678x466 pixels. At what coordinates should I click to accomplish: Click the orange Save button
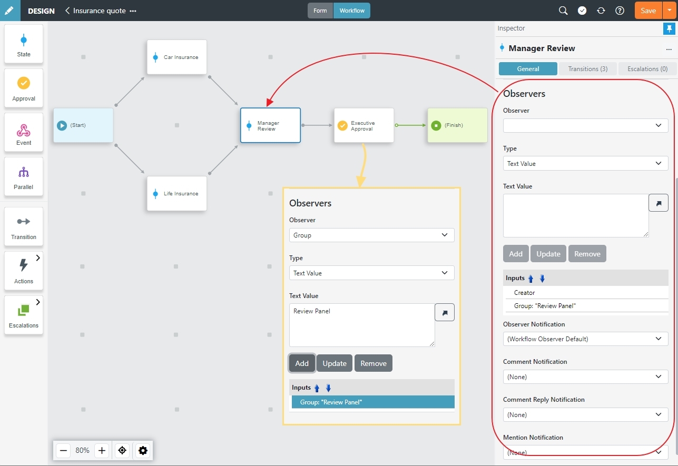point(648,11)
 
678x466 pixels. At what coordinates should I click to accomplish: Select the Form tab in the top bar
point(320,11)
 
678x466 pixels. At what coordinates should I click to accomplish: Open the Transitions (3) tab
point(587,68)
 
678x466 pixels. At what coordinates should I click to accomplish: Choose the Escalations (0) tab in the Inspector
point(647,68)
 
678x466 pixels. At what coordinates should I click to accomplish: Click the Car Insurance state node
point(177,57)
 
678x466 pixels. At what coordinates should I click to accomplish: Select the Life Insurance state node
point(177,193)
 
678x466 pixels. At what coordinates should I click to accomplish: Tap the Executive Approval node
point(364,125)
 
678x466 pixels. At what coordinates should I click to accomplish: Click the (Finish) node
point(457,125)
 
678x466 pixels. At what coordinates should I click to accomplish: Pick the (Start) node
point(83,125)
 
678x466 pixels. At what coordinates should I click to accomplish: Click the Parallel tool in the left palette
point(24,177)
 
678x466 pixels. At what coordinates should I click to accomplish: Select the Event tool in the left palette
point(24,133)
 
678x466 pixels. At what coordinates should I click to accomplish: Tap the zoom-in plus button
point(102,450)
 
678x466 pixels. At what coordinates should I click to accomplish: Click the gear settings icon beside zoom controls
point(143,450)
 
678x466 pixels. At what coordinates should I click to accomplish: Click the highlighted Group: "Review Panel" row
point(373,402)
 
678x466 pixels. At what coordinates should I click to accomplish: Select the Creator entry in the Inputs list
point(524,293)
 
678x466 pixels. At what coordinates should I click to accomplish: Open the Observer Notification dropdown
point(585,339)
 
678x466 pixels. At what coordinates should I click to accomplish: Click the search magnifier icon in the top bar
point(563,11)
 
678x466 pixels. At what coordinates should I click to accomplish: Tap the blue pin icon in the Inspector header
point(669,29)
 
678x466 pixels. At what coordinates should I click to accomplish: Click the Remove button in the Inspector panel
point(587,254)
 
